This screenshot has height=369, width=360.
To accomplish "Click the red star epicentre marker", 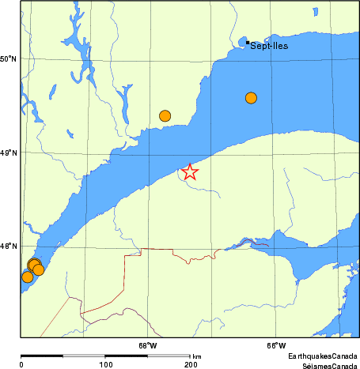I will click(189, 171).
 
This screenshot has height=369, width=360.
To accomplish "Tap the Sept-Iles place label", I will click(269, 46).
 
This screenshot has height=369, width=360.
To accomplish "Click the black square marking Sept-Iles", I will click(248, 42).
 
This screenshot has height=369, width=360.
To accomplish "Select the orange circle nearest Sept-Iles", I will click(251, 98).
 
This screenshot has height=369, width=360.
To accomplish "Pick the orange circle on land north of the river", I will click(165, 115).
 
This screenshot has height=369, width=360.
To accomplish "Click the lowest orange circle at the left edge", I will click(27, 277).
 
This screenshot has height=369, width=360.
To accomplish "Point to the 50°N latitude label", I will click(9, 58).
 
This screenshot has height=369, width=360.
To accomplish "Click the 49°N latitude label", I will click(9, 152).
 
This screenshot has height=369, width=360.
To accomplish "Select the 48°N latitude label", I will click(9, 247).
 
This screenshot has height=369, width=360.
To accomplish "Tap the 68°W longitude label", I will click(148, 345).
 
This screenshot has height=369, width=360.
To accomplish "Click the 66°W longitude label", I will click(275, 345).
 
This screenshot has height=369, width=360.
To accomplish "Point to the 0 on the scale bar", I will click(21, 364).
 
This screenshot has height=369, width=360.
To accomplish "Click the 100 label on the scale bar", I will click(105, 364).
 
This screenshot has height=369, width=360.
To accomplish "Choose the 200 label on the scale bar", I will click(190, 364).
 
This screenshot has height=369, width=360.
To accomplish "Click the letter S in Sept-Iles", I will click(253, 46).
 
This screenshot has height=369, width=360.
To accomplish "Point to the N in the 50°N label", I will click(14, 58).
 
